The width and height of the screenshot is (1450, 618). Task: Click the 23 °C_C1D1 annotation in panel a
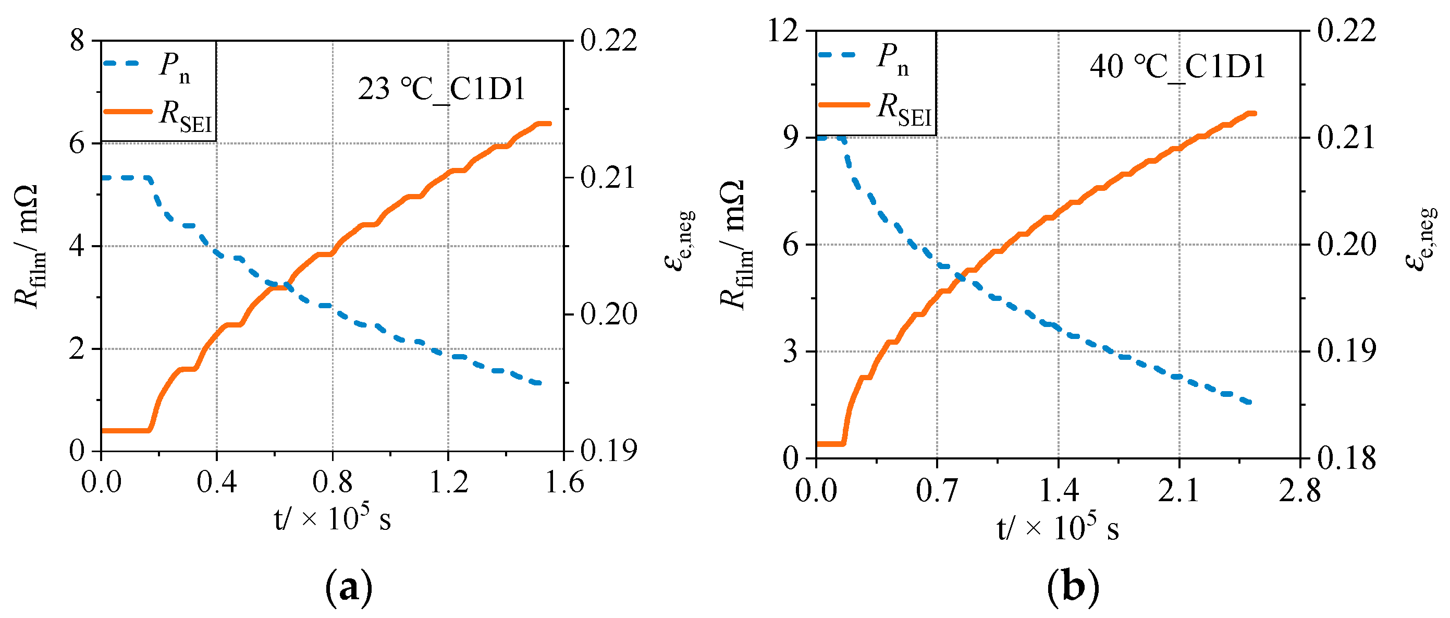[441, 90]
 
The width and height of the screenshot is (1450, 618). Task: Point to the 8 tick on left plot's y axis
[77, 41]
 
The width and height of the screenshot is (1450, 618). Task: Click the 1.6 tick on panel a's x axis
[564, 483]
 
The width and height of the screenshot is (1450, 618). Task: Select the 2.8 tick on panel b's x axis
[1299, 491]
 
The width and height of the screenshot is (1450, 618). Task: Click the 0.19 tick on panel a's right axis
[608, 451]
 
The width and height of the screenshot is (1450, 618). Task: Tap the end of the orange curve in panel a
[549, 124]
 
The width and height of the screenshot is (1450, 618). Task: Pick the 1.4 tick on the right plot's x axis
[1058, 491]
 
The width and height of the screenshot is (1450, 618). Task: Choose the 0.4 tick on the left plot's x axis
[217, 483]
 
